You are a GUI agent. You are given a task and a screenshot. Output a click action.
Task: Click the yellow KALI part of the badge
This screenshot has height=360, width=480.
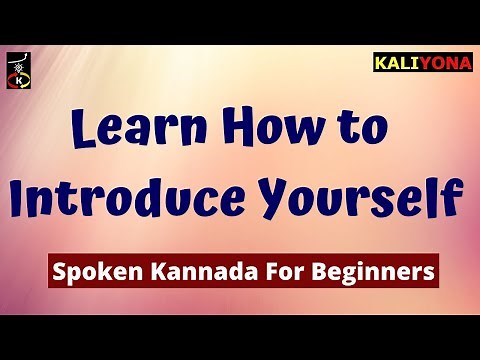pos(395,63)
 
